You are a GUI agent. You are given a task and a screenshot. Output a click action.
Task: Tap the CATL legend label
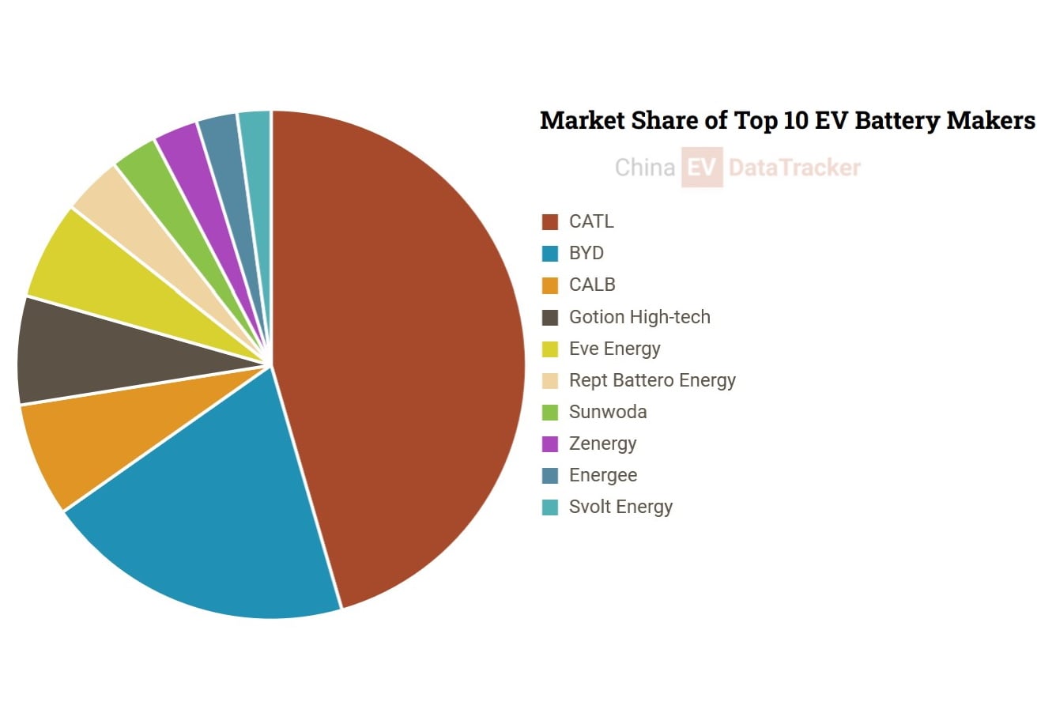(x=591, y=221)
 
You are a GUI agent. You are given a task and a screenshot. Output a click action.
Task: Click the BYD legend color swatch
(x=549, y=253)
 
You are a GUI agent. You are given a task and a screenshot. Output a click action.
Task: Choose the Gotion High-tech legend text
(x=639, y=317)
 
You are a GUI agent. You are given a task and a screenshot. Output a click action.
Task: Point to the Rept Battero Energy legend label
(x=652, y=380)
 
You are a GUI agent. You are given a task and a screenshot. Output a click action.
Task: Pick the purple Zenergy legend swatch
(x=549, y=443)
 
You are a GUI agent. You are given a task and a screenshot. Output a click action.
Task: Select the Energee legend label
(x=603, y=475)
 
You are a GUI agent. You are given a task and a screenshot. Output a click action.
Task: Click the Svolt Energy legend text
(x=620, y=507)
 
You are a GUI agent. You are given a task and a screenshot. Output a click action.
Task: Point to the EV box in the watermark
(x=702, y=167)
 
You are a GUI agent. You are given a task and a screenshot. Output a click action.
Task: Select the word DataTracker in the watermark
(x=795, y=168)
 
